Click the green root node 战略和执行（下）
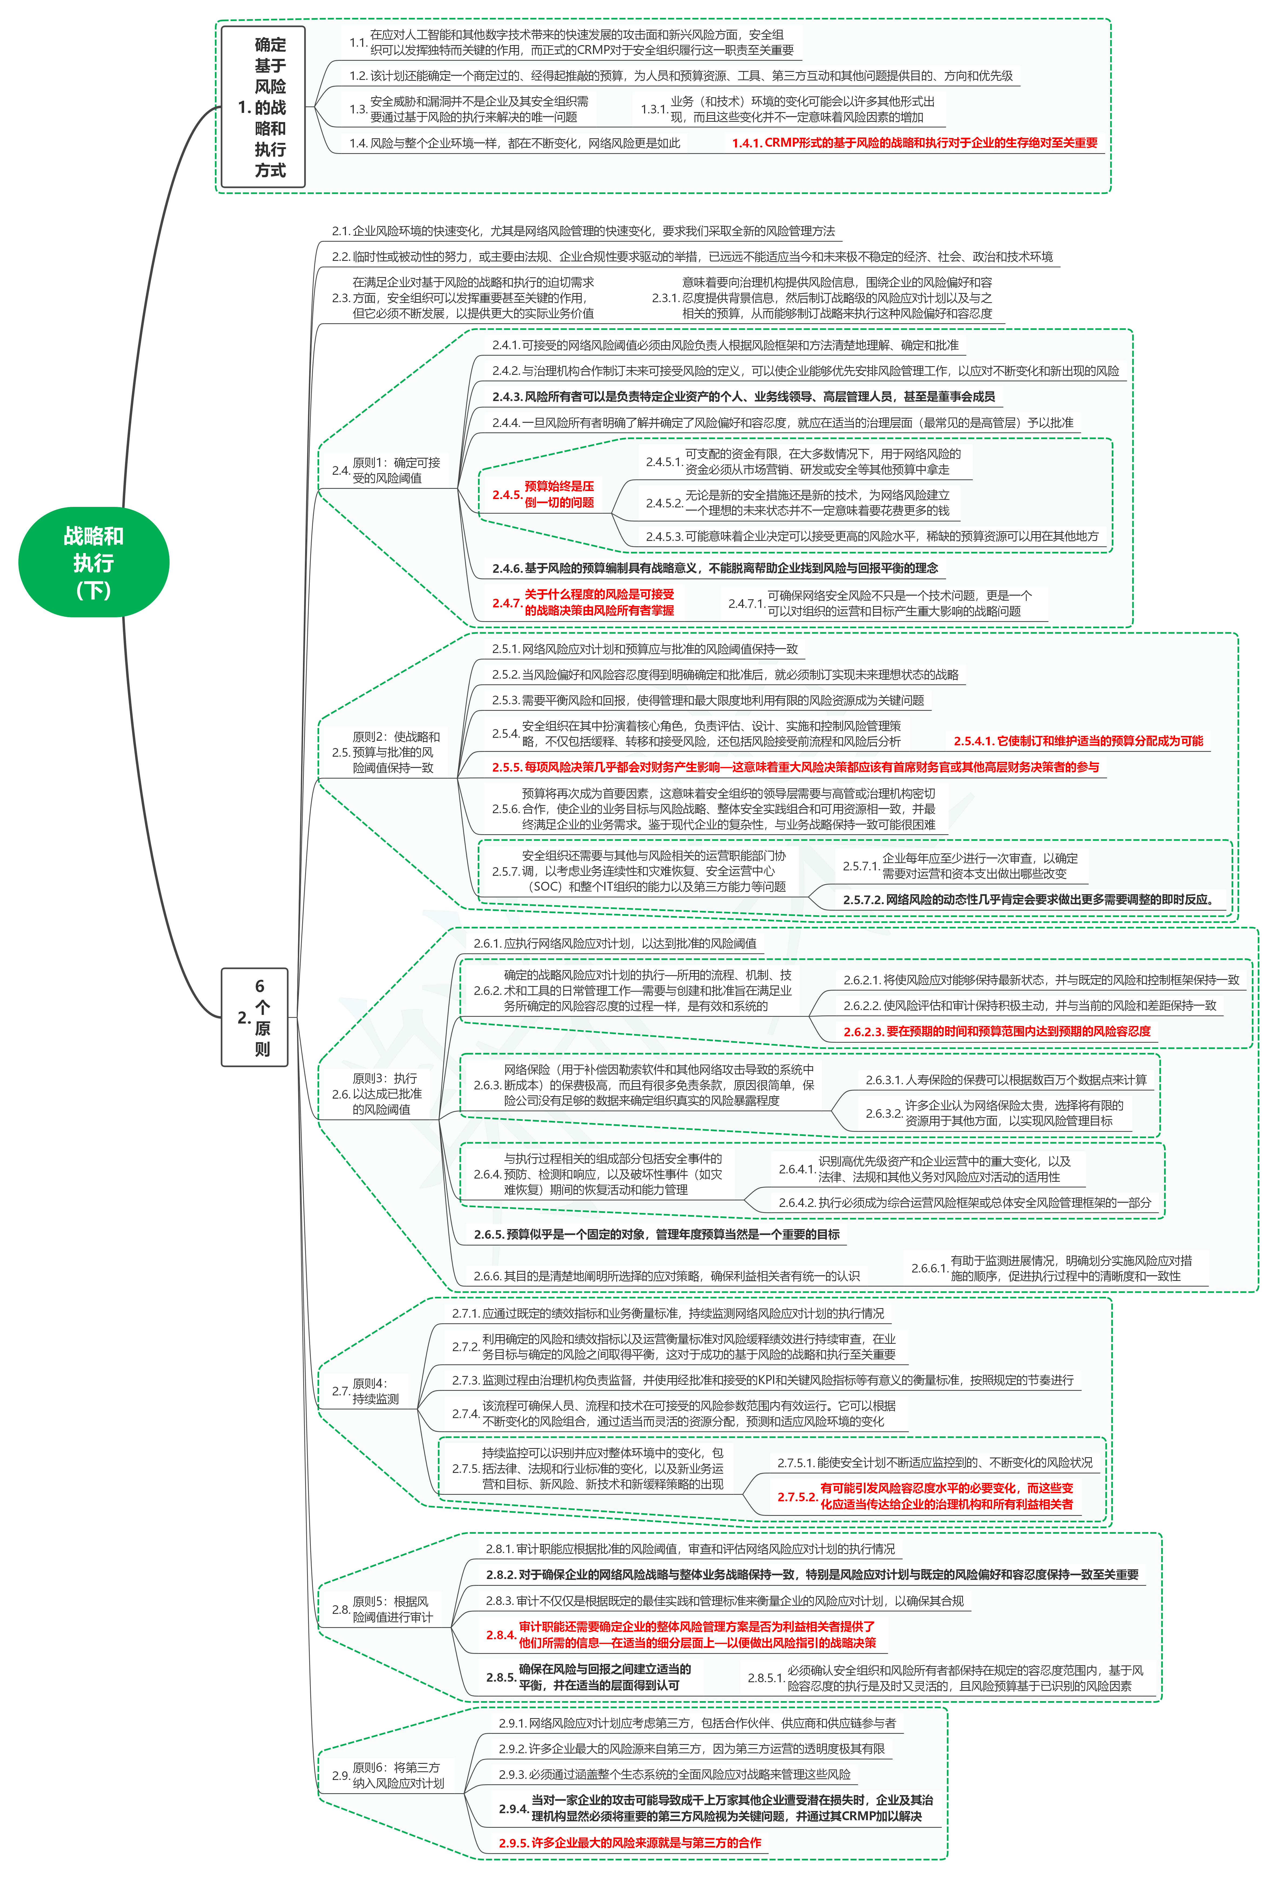pyautogui.click(x=94, y=563)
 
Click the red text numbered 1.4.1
pyautogui.click(x=914, y=143)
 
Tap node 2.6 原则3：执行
pyautogui.click(x=378, y=1093)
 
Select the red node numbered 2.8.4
pyautogui.click(x=680, y=1635)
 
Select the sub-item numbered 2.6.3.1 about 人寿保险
pyautogui.click(x=1005, y=1080)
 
